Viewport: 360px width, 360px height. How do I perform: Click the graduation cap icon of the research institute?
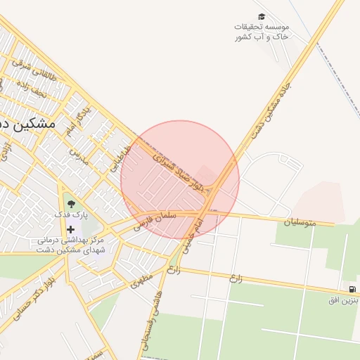tap(262, 16)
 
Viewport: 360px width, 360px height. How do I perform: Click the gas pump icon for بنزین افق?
tap(351, 289)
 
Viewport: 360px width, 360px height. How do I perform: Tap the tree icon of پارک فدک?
tap(70, 204)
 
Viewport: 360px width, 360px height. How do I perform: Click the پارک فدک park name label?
tap(70, 214)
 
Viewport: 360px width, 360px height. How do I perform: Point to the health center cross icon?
tap(71, 229)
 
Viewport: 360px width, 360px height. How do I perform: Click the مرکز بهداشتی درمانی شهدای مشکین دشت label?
tap(72, 245)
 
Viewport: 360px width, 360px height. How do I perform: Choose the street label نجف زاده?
tap(31, 88)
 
